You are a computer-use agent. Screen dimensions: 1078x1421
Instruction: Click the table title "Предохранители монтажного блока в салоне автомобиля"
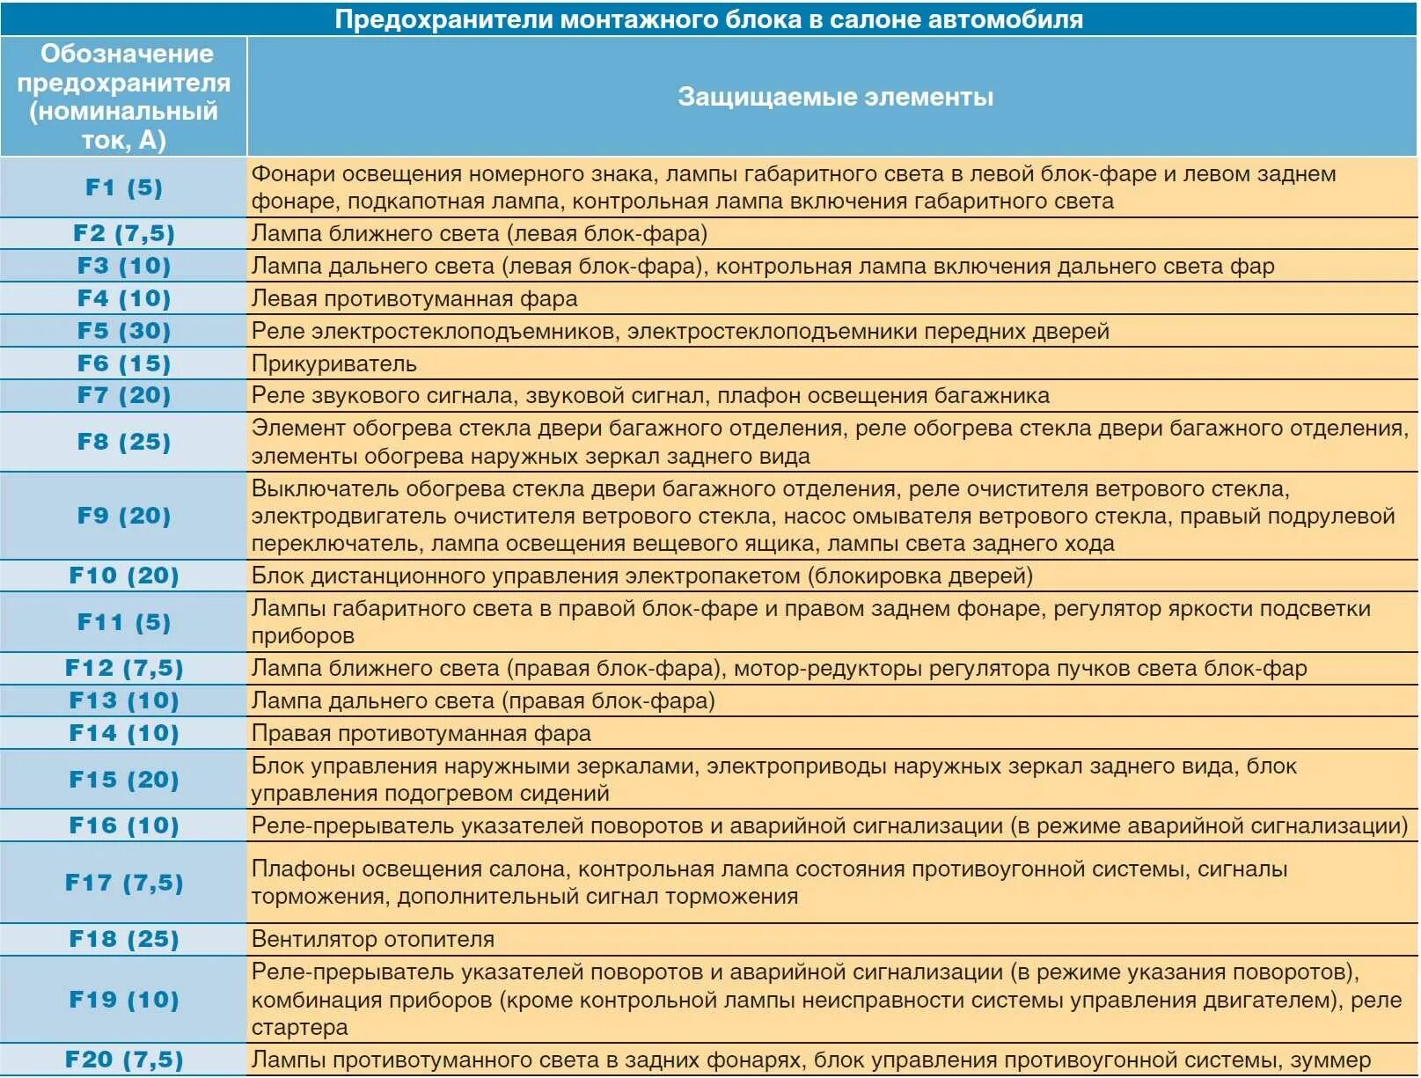tap(708, 19)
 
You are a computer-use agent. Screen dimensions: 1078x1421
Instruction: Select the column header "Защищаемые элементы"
tap(835, 97)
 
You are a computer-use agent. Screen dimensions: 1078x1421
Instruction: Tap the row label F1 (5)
tap(124, 187)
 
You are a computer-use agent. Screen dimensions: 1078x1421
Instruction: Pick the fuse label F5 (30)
tap(124, 331)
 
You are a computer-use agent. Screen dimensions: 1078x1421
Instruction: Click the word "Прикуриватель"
tap(334, 363)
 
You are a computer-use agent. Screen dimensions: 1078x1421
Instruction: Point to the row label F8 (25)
tap(124, 442)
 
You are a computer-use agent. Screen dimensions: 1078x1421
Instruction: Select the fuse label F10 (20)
tap(124, 576)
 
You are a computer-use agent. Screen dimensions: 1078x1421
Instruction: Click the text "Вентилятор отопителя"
tap(373, 939)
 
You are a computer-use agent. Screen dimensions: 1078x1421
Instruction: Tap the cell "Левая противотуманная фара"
tap(414, 298)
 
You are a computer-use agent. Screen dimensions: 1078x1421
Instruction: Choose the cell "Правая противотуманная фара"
tap(421, 733)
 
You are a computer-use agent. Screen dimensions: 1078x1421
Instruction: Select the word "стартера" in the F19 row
tap(299, 1027)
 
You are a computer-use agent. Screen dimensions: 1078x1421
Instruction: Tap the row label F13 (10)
tap(124, 700)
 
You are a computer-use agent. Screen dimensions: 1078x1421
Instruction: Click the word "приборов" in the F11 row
tap(303, 635)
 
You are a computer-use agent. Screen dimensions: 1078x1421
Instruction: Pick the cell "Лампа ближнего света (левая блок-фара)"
tap(480, 233)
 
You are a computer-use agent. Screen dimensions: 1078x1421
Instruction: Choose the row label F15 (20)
tap(124, 780)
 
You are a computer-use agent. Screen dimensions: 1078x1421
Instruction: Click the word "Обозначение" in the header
tap(127, 54)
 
